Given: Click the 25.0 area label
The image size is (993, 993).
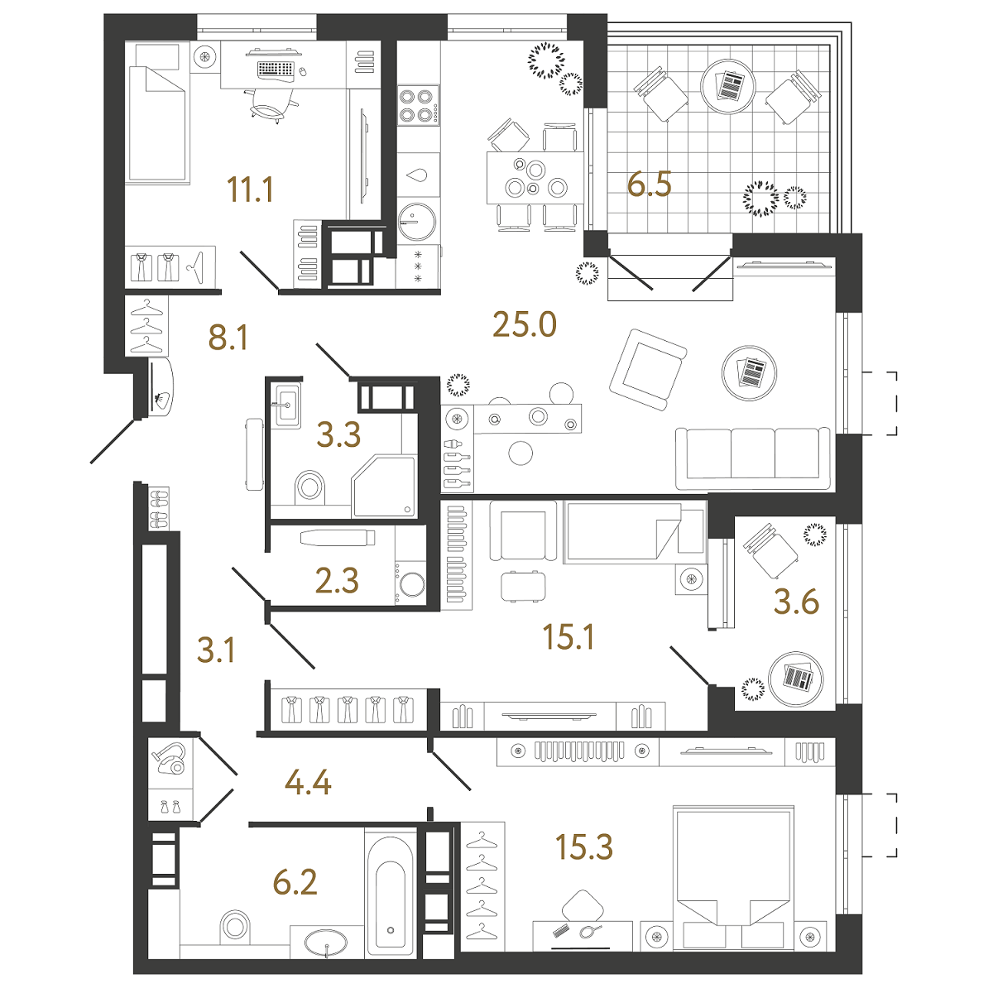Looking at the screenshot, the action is pos(524,324).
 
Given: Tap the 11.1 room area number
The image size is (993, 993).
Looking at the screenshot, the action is pos(251,189).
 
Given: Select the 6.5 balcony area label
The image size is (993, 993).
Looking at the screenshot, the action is pos(650,184).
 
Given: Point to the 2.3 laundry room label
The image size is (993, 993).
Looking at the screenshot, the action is pos(337,580).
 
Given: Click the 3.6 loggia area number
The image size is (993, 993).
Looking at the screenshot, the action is pos(797,602).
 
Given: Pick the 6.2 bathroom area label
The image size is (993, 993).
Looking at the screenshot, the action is pos(295,882).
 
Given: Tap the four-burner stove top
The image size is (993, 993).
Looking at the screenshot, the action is pos(418,105).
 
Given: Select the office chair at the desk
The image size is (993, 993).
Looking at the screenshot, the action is pos(271,106).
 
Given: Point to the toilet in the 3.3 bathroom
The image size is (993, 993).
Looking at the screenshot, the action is pos(309,487).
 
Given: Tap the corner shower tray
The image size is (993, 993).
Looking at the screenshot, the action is pos(384,487).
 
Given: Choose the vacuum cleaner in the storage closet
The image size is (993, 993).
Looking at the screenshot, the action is pos(170,758).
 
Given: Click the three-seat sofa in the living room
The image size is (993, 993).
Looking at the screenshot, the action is pos(753,458).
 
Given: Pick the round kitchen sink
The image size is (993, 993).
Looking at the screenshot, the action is pos(417,222).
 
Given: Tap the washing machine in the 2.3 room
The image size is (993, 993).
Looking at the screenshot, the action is pos(411,584).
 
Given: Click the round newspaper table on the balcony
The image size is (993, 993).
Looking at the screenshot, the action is pos(728,86).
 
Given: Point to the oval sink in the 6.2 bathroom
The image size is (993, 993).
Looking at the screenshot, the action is pos(326,943).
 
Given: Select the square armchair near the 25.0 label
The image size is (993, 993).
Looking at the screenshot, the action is pos(648,370).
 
